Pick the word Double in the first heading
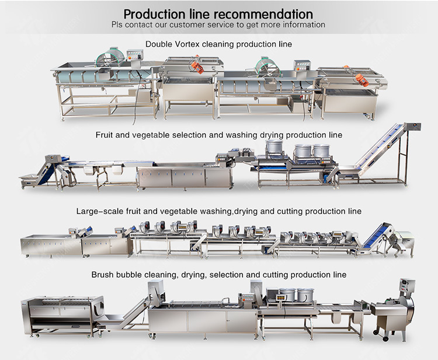click(x=159, y=44)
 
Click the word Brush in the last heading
click(x=103, y=274)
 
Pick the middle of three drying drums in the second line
click(x=303, y=151)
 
